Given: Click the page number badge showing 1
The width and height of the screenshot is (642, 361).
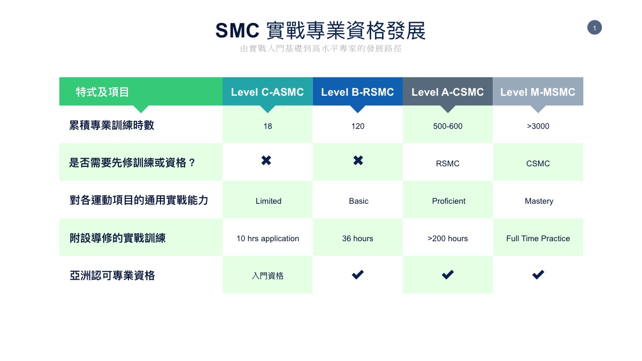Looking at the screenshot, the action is coord(594,27).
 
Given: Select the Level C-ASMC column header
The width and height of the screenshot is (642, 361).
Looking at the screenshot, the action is coord(267,92).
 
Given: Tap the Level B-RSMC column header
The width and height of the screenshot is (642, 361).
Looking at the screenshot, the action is coord(358,92).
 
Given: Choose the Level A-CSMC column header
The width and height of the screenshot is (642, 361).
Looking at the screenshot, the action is coord(448,92).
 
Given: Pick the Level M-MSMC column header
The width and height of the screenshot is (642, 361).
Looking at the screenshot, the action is coord(538,92).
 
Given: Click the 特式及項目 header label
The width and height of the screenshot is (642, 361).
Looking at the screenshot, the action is coord(102,92).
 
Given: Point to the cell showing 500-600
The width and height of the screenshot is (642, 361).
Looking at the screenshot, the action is coord(448,126).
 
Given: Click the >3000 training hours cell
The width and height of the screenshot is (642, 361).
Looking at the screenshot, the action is coord(538,126).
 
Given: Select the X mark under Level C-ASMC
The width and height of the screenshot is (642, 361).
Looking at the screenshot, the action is coord(266,160).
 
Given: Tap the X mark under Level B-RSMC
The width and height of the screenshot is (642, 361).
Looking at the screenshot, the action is coord(358,160).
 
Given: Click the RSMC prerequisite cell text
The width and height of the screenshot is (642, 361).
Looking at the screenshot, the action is coord(448,164).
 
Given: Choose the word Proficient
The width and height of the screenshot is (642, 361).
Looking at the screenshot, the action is coord(448,201).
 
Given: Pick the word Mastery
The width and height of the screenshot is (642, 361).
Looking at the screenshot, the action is coord(539,201).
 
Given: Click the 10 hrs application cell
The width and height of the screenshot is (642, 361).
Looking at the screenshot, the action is coord(267,239).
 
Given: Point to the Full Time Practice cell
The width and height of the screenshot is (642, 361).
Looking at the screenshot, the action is coord(538,239).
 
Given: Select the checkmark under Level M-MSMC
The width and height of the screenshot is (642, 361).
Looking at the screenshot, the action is coord(538,275).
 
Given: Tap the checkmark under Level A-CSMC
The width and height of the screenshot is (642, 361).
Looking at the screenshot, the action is coord(448,275).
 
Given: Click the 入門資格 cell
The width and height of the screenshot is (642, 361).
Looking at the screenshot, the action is coord(267,276).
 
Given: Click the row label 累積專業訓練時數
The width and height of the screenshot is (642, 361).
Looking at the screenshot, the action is coord(112,126).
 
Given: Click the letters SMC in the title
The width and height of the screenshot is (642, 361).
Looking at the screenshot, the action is coord(238,30).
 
